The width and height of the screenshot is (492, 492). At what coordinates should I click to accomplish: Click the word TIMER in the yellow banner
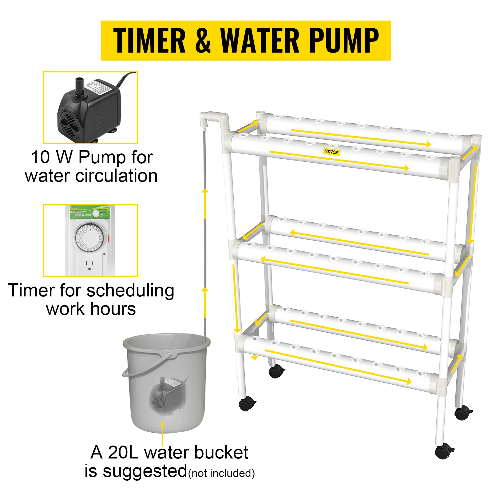[149, 41]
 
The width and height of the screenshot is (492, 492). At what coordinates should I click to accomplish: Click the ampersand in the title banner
[203, 41]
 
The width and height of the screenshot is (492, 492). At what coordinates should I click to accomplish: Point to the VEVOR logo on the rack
[331, 152]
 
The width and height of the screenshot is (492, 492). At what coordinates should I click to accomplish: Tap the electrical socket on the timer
[89, 265]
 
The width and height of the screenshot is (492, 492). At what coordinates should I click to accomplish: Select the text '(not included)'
[221, 473]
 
